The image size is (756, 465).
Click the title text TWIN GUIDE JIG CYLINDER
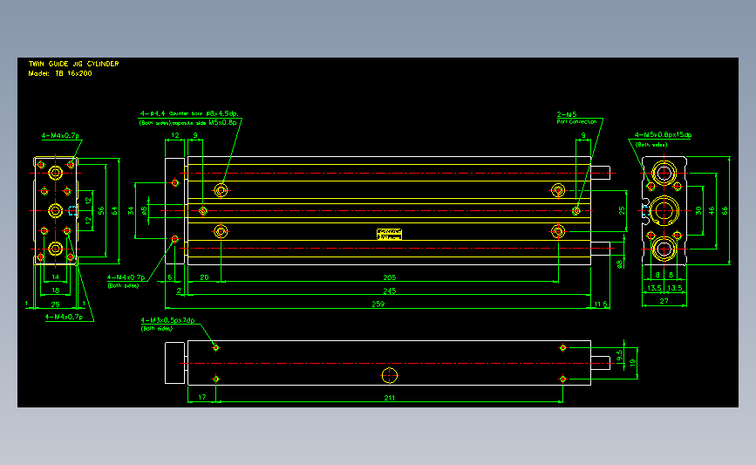73,65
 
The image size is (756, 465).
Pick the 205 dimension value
389,277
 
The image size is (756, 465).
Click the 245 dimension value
389,291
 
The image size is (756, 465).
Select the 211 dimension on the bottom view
389,398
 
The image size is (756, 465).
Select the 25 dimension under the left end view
54,304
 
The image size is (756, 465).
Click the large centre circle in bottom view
389,375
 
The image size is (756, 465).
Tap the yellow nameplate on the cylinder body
389,233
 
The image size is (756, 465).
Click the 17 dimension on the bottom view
202,398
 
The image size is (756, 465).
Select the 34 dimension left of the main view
133,210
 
